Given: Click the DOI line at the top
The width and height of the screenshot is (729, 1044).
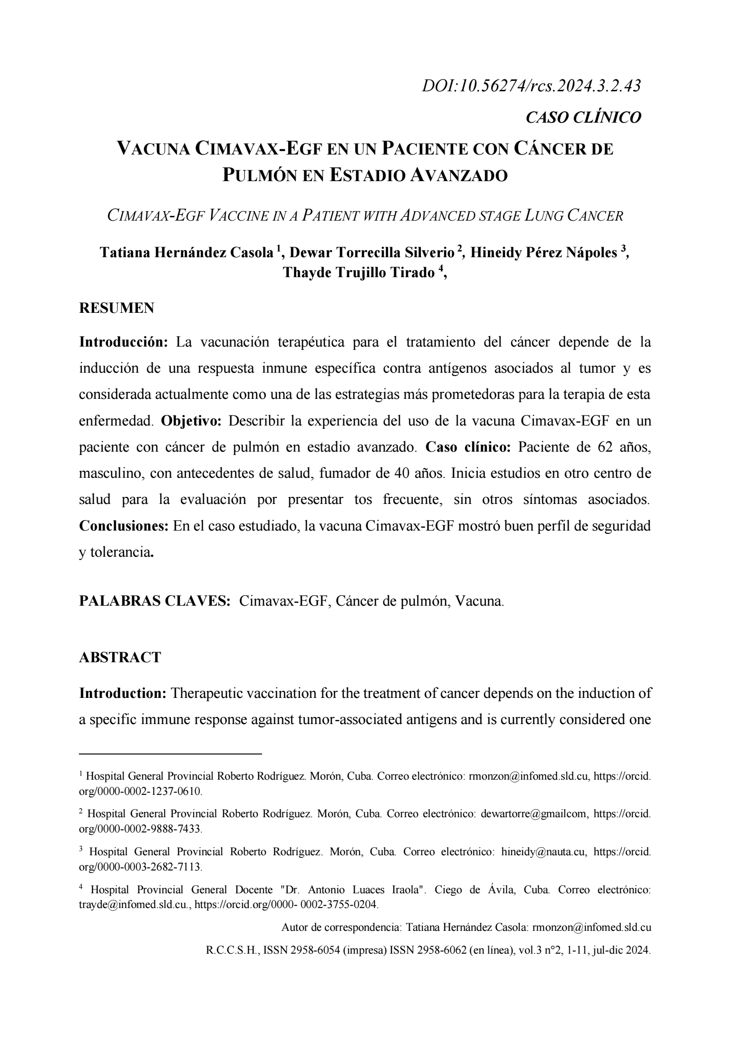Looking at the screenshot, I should click(531, 86).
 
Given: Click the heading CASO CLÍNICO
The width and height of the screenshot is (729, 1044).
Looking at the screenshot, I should click(583, 117).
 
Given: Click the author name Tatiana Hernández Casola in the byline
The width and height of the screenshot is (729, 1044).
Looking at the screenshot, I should click(186, 252).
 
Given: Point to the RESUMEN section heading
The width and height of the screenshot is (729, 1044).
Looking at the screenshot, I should click(117, 308).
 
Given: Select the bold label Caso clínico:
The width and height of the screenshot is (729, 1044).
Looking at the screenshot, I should click(468, 447).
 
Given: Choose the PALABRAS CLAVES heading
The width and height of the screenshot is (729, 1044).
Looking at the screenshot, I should click(155, 601).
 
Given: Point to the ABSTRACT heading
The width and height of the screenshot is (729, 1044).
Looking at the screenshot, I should click(120, 657).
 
